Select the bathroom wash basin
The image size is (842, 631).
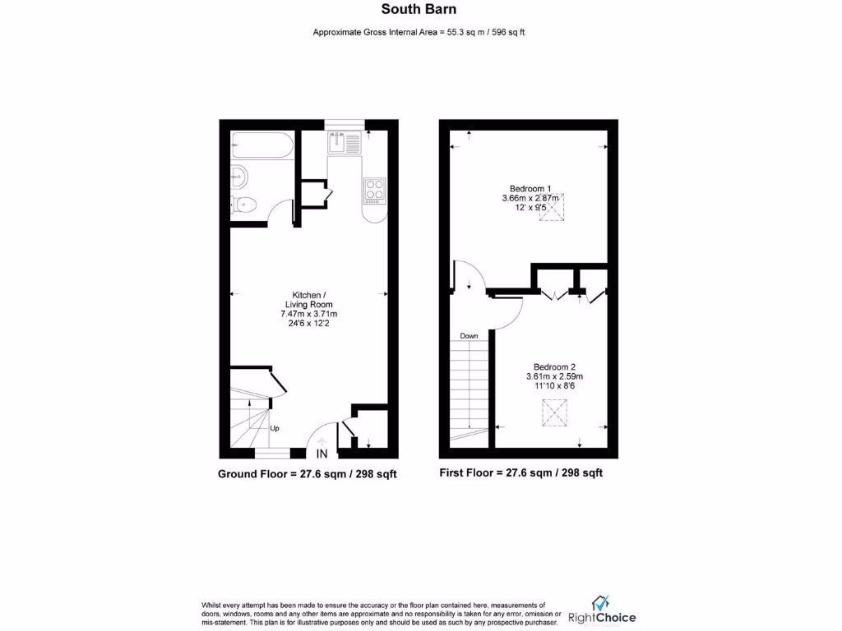pyautogui.click(x=239, y=175)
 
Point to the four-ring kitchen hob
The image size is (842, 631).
pyautogui.click(x=375, y=191)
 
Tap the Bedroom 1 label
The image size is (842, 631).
pyautogui.click(x=530, y=187)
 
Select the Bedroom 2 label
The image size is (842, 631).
pyautogui.click(x=553, y=366)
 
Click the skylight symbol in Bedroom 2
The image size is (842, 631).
pyautogui.click(x=555, y=410)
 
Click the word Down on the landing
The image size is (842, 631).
pyautogui.click(x=470, y=336)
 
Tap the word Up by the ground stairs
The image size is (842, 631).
pyautogui.click(x=275, y=428)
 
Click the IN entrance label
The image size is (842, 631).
pyautogui.click(x=322, y=454)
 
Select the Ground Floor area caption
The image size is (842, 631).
pyautogui.click(x=308, y=474)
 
